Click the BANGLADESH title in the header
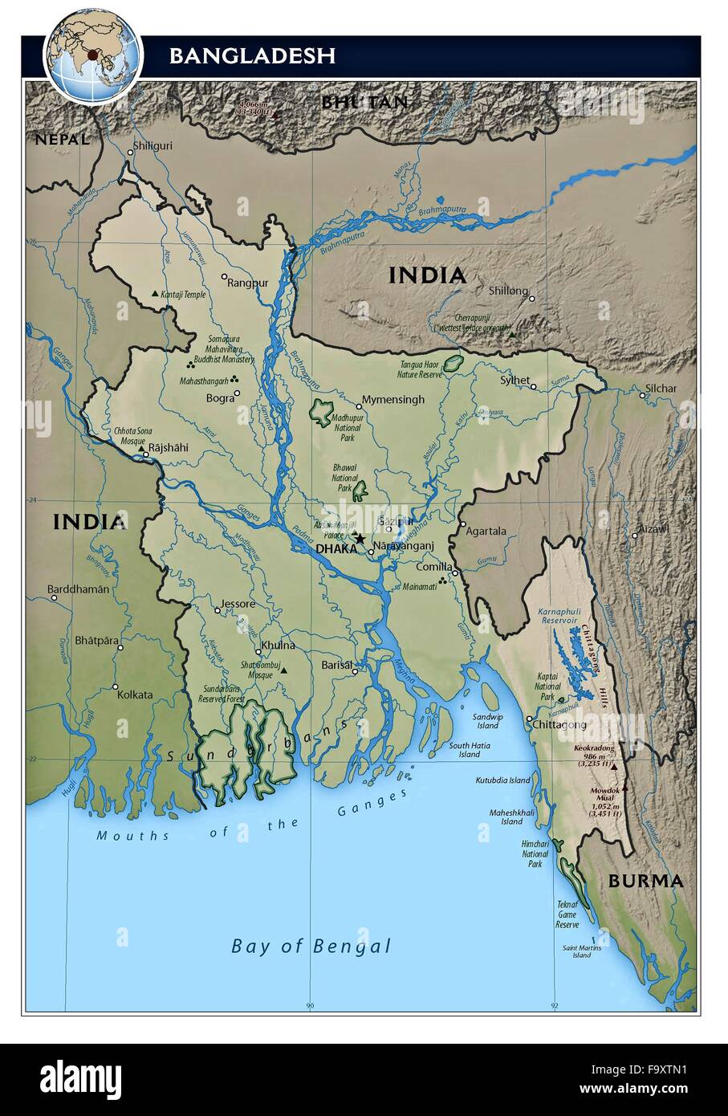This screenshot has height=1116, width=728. point(252,55)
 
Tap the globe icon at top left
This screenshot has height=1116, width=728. point(93,55)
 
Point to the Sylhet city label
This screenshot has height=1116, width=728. point(514,380)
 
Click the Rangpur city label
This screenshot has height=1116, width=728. point(247,283)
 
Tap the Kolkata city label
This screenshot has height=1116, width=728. point(135,694)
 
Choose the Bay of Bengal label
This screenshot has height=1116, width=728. point(311,946)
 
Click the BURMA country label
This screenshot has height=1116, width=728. point(645,881)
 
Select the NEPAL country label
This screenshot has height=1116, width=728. point(61,140)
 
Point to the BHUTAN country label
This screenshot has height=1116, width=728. point(364,102)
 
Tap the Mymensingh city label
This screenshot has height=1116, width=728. point(392,399)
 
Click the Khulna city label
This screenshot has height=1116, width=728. point(277,645)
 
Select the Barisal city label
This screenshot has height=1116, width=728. point(337,665)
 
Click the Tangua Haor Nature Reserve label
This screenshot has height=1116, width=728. point(421,369)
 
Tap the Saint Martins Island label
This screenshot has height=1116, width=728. point(582,951)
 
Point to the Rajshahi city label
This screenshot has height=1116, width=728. point(169,447)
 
